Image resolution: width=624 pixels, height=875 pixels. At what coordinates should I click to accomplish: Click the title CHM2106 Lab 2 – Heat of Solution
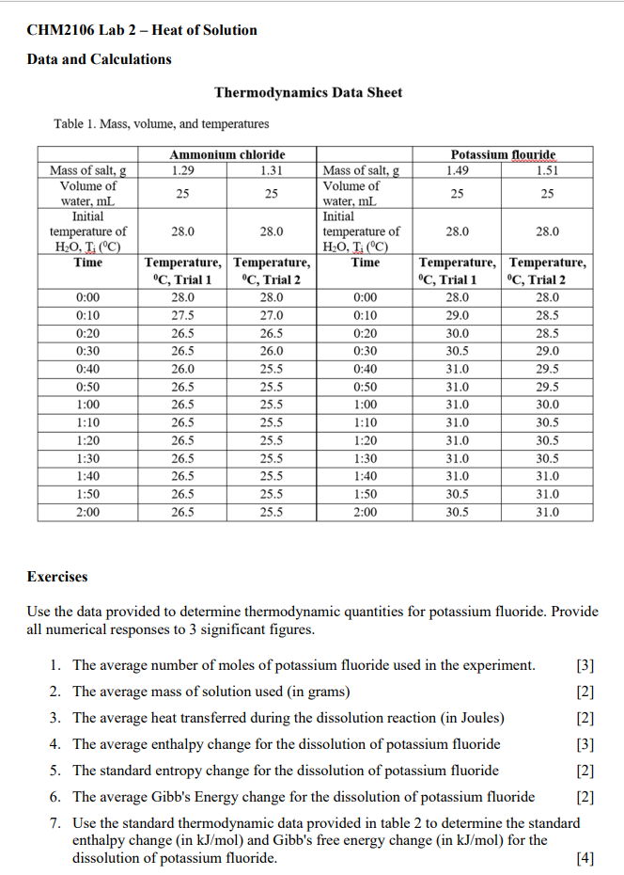(142, 30)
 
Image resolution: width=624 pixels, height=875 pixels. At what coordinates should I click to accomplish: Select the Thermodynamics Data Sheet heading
(308, 92)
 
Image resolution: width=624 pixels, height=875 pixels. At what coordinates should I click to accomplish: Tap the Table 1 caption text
(162, 123)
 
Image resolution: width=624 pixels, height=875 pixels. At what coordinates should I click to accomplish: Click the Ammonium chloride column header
(226, 154)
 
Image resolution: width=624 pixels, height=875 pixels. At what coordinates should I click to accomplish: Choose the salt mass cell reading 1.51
(547, 170)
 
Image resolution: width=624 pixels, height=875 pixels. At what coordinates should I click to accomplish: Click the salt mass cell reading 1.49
(458, 170)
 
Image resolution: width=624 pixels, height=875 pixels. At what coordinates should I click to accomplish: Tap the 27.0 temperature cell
(272, 315)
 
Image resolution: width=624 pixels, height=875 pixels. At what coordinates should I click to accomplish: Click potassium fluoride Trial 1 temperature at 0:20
(458, 333)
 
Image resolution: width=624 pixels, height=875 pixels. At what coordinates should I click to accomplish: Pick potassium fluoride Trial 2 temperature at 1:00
(547, 405)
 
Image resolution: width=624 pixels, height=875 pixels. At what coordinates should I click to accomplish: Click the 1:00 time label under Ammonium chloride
(88, 405)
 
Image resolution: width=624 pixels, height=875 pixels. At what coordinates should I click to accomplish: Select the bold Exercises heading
(57, 576)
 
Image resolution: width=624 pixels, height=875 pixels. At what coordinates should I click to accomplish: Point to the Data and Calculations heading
(100, 59)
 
